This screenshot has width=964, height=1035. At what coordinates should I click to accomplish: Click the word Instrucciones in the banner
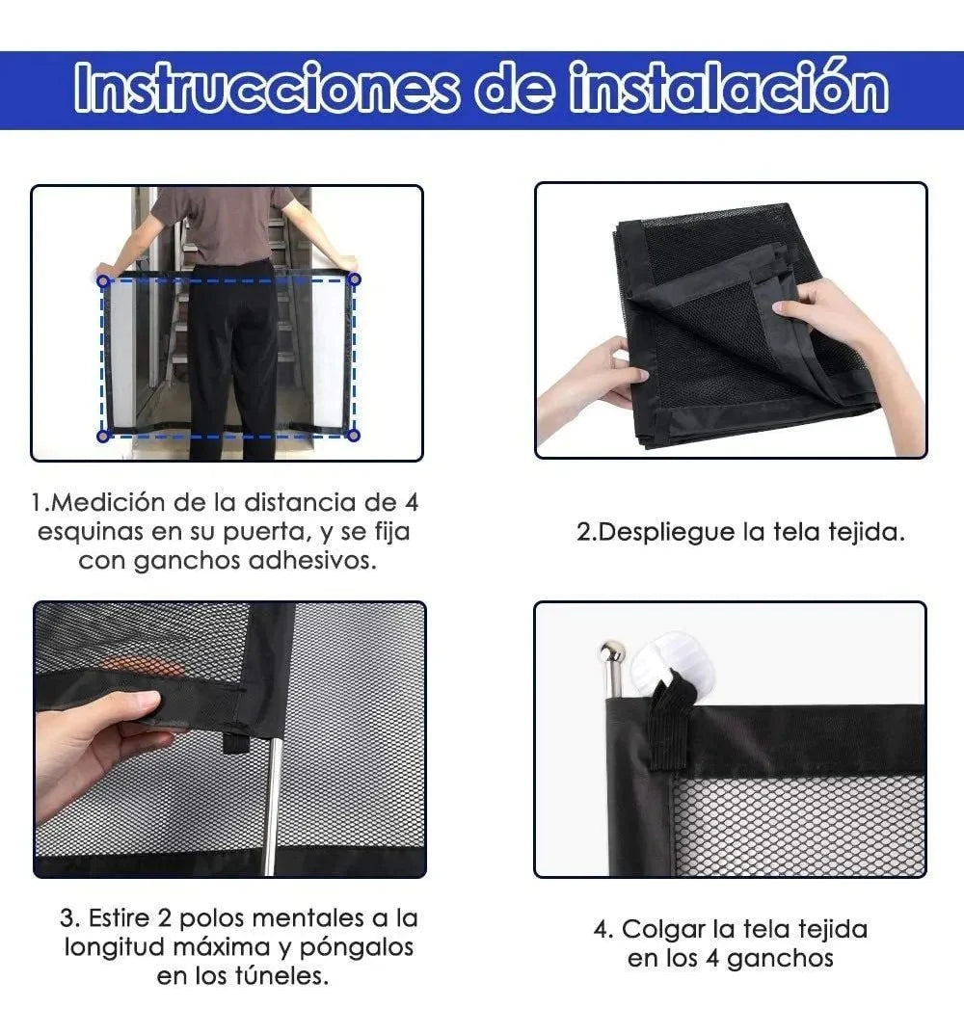265,88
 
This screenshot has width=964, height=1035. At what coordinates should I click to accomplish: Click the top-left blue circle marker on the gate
103,281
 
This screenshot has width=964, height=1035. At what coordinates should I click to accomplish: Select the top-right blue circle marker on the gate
354,279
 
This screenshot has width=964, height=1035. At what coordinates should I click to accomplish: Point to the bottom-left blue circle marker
103,436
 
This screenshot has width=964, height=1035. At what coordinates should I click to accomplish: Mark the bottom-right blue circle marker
353,435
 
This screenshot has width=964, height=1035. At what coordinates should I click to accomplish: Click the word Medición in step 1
106,502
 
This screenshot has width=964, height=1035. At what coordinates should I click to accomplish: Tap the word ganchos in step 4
781,959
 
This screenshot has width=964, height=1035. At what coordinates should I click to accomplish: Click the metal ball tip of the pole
611,652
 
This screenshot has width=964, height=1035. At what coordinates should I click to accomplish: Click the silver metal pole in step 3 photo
272,806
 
